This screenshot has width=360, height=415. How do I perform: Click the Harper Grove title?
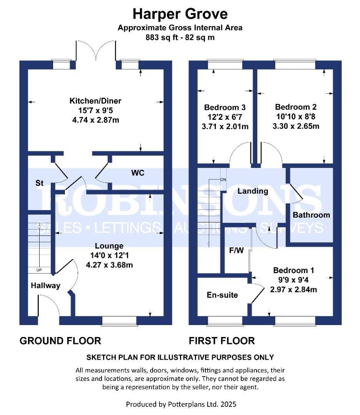180,14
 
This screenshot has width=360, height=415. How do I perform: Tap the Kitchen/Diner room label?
95,101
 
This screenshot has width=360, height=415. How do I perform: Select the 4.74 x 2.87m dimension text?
95,120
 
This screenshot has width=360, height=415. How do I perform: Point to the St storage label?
39,183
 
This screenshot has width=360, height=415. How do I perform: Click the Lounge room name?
110,246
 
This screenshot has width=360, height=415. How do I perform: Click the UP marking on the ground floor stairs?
39,270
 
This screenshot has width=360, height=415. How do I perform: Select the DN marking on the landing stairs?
223,180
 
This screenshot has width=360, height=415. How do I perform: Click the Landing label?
252,191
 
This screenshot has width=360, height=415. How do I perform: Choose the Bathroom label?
311,215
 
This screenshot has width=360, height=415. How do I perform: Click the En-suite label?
222,295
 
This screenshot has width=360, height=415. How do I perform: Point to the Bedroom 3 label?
225,107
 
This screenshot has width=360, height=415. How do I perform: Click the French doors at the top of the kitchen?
96,52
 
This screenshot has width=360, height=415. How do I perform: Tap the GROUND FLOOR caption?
60,340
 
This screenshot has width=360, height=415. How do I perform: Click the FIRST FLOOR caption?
222,340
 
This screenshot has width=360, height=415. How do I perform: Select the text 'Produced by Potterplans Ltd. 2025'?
181,404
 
